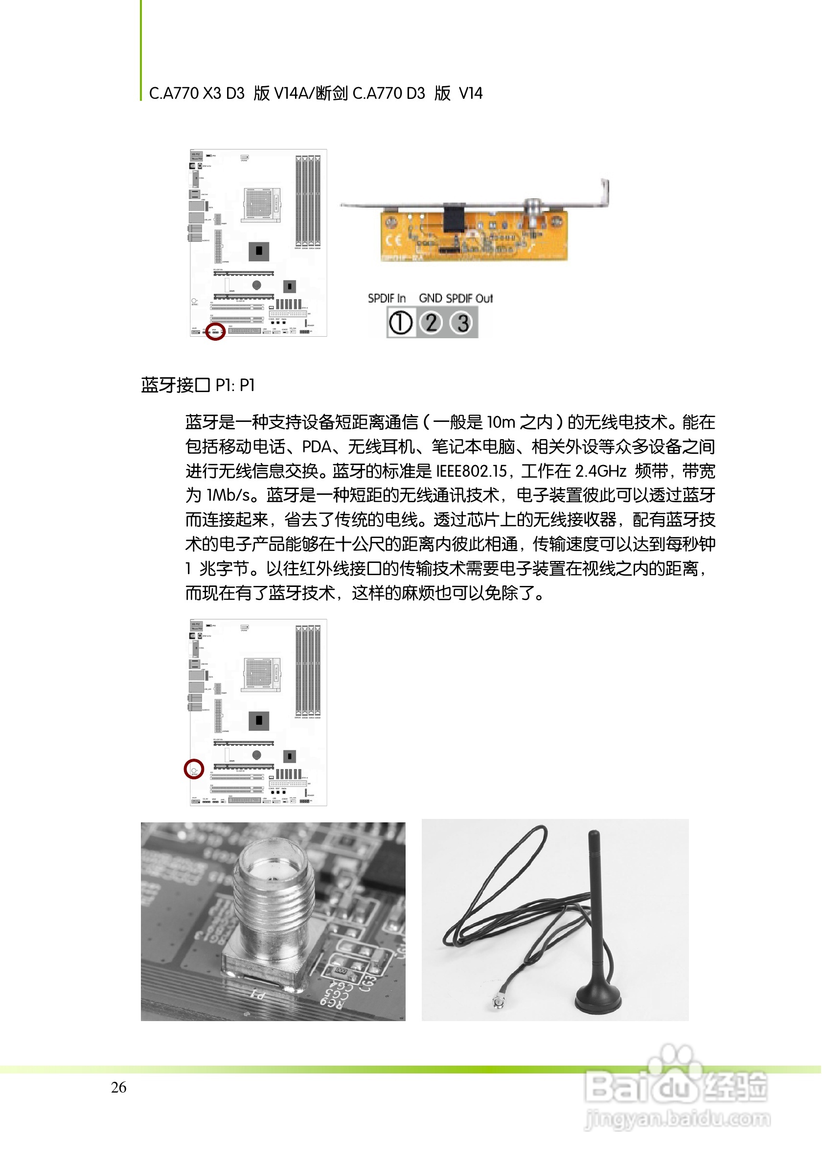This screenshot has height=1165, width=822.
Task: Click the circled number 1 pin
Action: pos(401,323)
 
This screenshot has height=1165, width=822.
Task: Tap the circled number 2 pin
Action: pos(432,323)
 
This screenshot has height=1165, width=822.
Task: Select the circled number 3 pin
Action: pos(462,323)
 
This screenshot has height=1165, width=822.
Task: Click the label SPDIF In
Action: pos(387,299)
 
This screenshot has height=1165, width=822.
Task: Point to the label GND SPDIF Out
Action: pos(456,299)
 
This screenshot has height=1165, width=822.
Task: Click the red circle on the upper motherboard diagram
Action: pos(215,331)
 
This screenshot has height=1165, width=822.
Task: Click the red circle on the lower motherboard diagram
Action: pos(194,769)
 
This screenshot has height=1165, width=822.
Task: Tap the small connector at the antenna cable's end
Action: pos(496,1002)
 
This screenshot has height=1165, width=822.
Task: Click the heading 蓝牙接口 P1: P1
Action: pos(198,386)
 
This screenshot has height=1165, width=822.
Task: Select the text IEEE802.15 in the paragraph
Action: pos(472,471)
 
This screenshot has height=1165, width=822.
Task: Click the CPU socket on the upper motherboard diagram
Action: pos(262,205)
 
